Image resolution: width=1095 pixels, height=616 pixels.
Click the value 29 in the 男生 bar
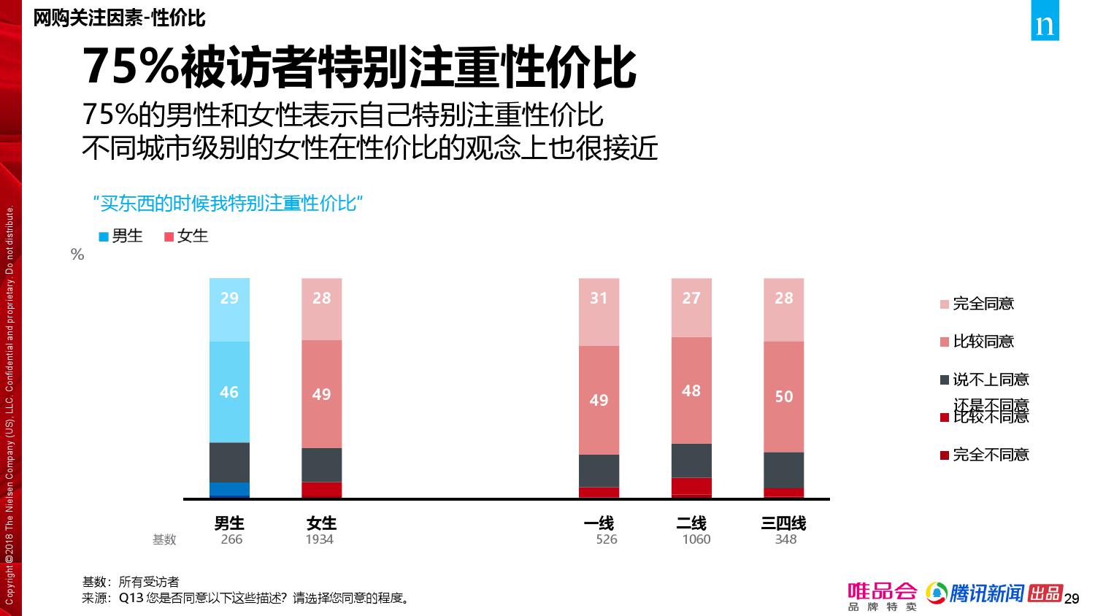(x=229, y=298)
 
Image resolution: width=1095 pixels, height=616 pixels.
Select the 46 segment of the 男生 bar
(x=229, y=392)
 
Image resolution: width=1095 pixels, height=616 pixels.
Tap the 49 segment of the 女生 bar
(x=321, y=394)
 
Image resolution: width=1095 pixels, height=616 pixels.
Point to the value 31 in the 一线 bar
(x=599, y=298)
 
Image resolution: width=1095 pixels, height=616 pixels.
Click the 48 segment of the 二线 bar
(x=691, y=390)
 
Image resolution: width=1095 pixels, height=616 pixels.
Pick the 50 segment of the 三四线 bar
(x=783, y=396)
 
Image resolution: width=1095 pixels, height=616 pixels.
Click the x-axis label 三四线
(x=783, y=523)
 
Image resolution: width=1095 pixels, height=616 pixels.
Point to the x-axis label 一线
(x=599, y=523)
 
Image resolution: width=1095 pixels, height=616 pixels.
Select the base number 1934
(x=319, y=539)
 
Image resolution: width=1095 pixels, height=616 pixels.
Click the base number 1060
(x=696, y=539)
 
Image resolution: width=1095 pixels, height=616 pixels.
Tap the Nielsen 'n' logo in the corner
(x=1045, y=26)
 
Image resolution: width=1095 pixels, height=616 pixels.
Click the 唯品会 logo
(x=882, y=596)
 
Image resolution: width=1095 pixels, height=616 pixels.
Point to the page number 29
(x=1071, y=599)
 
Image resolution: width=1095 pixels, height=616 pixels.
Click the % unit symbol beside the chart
(x=77, y=255)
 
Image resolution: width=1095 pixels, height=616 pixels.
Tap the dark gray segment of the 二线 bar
(x=691, y=461)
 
